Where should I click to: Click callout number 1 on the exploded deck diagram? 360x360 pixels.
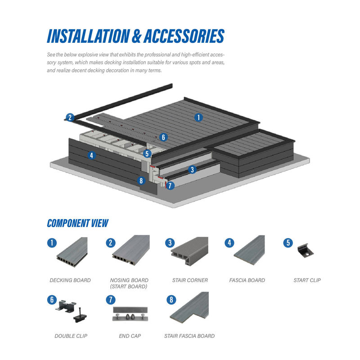(x=198, y=117)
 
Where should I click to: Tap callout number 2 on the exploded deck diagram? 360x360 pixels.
(x=69, y=118)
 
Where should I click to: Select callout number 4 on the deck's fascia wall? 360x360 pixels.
(x=92, y=156)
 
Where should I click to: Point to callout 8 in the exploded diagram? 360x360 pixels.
(x=141, y=181)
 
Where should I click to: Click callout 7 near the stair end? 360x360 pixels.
(x=170, y=185)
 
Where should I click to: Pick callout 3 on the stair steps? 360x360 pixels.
(x=192, y=170)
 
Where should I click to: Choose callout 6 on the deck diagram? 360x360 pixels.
(x=163, y=137)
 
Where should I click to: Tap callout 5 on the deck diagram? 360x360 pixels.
(x=147, y=153)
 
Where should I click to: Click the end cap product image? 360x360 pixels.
(x=130, y=312)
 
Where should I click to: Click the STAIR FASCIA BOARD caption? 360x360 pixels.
(x=190, y=336)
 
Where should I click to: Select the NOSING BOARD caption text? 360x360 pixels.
(x=129, y=280)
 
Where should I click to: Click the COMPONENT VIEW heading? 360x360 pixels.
(x=77, y=223)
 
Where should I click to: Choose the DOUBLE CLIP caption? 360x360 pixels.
(x=71, y=336)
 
